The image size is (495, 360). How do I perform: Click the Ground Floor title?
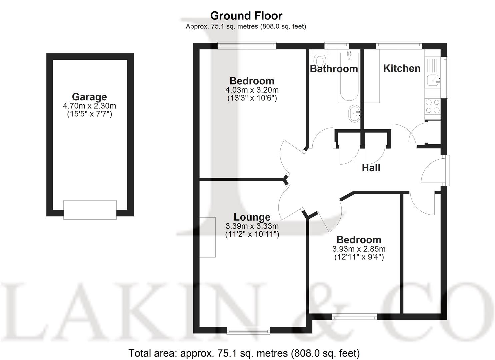pyautogui.click(x=246, y=16)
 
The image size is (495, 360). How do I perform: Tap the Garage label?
pyautogui.click(x=89, y=97)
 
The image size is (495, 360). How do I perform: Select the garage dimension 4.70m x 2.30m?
pyautogui.click(x=89, y=106)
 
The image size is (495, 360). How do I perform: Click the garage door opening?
pyautogui.click(x=90, y=210)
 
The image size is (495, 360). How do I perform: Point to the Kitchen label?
pyautogui.click(x=402, y=68)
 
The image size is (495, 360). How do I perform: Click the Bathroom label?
pyautogui.click(x=334, y=69)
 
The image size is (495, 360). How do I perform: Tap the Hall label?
pyautogui.click(x=371, y=168)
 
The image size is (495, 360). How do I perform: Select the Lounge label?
pyautogui.click(x=252, y=217)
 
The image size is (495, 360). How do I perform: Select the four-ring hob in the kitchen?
pyautogui.click(x=432, y=106)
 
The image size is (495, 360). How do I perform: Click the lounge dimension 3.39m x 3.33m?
pyautogui.click(x=252, y=226)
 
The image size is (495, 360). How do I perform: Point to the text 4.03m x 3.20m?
pyautogui.click(x=252, y=90)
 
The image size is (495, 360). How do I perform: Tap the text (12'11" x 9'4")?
pyautogui.click(x=359, y=257)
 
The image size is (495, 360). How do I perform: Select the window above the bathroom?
pyautogui.click(x=337, y=44)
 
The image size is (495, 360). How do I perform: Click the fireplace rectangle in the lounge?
pyautogui.click(x=207, y=237)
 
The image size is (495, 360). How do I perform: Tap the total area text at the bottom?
pyautogui.click(x=244, y=353)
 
